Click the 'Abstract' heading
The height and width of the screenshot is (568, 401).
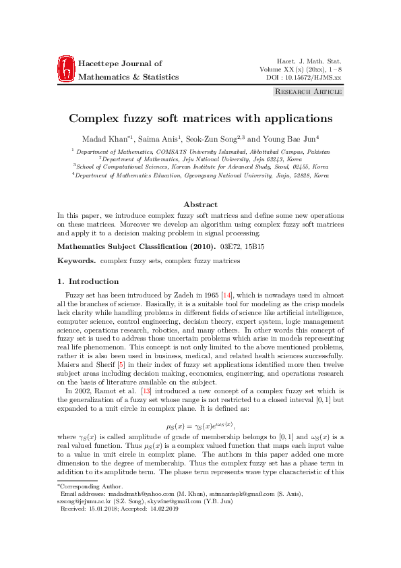tap(200, 204)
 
